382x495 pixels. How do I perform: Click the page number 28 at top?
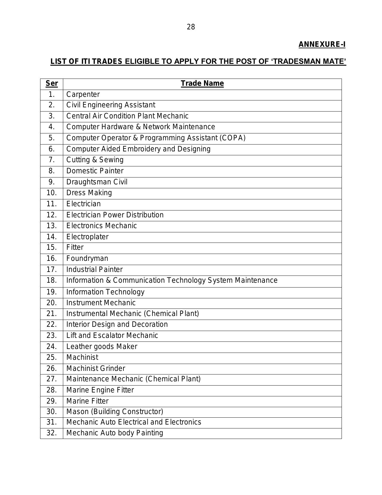tap(191, 27)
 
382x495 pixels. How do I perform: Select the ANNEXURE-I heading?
tap(322, 45)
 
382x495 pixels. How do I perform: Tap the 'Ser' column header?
tap(52, 83)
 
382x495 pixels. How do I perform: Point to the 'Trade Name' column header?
tap(202, 83)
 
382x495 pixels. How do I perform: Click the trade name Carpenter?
tap(83, 94)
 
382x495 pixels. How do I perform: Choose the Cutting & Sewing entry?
tap(95, 160)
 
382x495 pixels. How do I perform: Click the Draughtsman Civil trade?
tap(97, 182)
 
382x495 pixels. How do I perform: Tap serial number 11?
tap(52, 204)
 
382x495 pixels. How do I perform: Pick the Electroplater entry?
tap(87, 237)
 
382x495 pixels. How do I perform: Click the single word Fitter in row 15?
tap(75, 247)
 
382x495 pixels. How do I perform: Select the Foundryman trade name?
tap(87, 258)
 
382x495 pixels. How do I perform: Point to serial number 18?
tap(52, 280)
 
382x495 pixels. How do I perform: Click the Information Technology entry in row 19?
tap(105, 292)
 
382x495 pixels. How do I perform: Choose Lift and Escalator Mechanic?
tap(112, 335)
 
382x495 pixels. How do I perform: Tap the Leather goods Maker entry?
tap(102, 347)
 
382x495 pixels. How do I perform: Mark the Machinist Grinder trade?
tap(96, 368)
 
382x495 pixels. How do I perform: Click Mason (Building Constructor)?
tap(115, 412)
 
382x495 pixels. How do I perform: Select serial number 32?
tap(52, 433)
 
